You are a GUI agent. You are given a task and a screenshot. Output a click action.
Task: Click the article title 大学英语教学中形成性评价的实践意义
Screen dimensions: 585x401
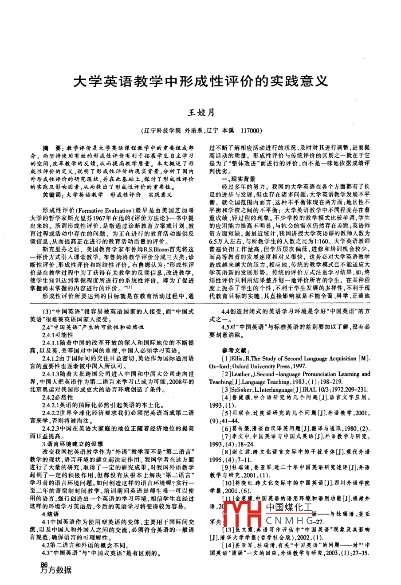pyautogui.click(x=200, y=81)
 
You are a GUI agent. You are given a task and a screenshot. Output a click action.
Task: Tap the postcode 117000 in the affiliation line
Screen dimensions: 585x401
pyautogui.click(x=252, y=131)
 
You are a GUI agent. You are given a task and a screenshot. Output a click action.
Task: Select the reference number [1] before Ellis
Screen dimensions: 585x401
pyautogui.click(x=226, y=358)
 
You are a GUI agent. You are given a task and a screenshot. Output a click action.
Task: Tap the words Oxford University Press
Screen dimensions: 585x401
pyautogui.click(x=252, y=366)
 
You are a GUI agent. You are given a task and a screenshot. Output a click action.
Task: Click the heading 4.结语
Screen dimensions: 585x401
pyautogui.click(x=50, y=514)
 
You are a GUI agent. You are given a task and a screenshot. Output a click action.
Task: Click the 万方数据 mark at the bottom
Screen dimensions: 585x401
pyautogui.click(x=56, y=570)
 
